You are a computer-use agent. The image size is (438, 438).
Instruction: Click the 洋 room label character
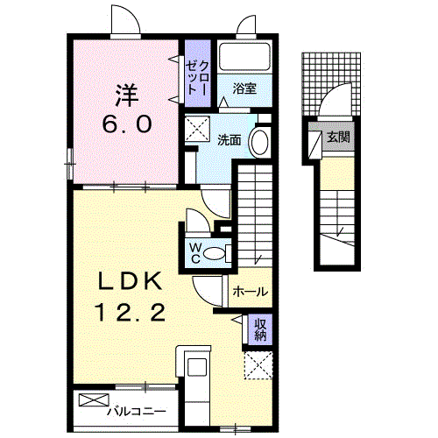tap(125, 92)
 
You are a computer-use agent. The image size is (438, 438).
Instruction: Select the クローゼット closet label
tap(195, 75)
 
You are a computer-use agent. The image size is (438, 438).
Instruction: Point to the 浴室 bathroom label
tap(244, 88)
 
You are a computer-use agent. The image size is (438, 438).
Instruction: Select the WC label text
tap(195, 252)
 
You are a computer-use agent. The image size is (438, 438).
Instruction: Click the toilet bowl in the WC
tap(220, 254)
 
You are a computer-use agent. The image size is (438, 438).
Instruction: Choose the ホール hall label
tap(251, 292)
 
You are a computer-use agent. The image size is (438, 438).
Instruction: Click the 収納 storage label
tap(260, 330)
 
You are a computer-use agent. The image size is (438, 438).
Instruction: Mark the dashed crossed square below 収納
tap(258, 364)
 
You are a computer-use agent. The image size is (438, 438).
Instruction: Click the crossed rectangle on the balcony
tap(91, 400)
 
